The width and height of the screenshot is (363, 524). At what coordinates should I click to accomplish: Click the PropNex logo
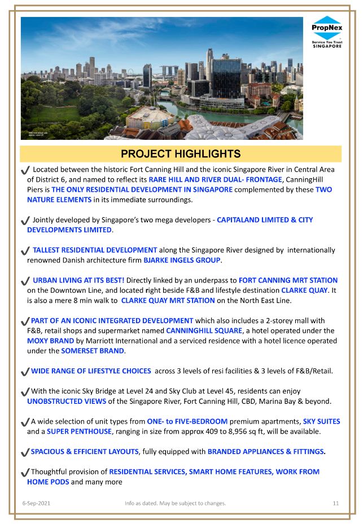327,33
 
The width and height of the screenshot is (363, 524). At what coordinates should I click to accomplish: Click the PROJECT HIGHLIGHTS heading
181,154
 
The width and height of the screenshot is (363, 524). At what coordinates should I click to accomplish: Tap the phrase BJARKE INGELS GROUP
182,260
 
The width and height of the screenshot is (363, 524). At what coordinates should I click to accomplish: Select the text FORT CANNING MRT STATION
288,280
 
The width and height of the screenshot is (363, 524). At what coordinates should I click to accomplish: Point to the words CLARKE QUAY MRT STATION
168,301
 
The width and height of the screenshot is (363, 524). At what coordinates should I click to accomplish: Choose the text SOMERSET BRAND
92,351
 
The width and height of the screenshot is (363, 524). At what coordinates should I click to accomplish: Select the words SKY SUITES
321,422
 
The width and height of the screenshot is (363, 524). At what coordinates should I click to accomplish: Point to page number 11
336,503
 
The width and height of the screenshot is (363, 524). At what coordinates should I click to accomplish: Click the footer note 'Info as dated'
175,503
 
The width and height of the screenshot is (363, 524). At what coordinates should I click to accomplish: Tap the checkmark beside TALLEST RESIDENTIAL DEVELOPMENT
25,250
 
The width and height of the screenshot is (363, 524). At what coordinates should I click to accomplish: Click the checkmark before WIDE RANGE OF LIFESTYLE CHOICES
25,372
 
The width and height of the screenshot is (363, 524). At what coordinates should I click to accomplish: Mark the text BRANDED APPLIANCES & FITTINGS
266,452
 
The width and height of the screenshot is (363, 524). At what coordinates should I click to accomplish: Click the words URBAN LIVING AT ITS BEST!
78,280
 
